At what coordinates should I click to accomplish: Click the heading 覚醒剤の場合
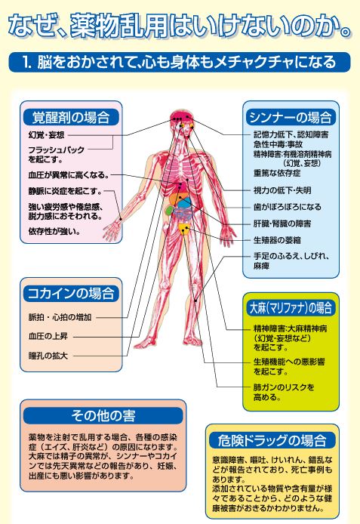[x=71, y=117]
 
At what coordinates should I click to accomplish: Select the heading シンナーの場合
[x=291, y=117]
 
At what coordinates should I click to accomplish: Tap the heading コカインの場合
[x=71, y=294]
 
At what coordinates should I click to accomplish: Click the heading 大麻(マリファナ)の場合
[x=291, y=307]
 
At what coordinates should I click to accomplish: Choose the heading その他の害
[x=103, y=416]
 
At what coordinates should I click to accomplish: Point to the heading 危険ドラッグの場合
[x=272, y=440]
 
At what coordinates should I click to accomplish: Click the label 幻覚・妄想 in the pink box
[x=47, y=135]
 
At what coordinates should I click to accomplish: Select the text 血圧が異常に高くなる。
[x=69, y=175]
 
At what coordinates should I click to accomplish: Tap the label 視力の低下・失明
[x=282, y=190]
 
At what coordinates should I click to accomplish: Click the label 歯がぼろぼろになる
[x=288, y=207]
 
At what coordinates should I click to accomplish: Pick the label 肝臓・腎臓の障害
[x=282, y=223]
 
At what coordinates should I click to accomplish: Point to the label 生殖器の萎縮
[x=277, y=240]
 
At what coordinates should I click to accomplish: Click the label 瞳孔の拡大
[x=48, y=356]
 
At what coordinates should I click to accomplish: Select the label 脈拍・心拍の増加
[x=60, y=317]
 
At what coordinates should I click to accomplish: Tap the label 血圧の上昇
[x=48, y=336]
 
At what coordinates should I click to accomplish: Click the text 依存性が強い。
[x=54, y=231]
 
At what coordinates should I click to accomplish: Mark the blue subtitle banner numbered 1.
[x=180, y=62]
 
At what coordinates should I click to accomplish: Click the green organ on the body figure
[x=170, y=210]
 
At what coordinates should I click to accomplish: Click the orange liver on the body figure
[x=174, y=199]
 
